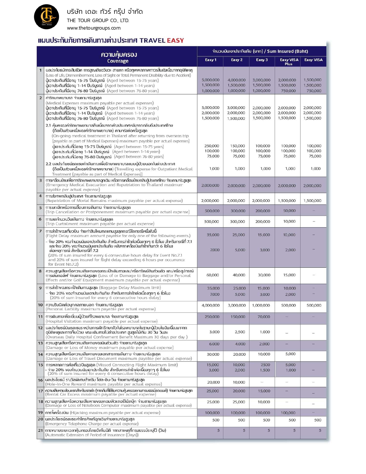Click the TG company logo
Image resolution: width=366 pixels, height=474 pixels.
47,17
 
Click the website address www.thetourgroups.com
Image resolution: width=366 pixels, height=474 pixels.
94,28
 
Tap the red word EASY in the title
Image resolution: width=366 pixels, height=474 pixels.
175,41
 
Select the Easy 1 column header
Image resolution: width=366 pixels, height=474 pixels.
210,60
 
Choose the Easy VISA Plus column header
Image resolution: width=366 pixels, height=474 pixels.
289,61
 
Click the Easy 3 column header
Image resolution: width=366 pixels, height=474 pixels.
262,60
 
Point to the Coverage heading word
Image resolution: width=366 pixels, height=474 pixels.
118,61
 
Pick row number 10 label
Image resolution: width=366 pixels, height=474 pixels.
40,305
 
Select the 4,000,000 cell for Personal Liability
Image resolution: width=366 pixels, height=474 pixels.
211,305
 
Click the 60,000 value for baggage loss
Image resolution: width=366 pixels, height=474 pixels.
213,275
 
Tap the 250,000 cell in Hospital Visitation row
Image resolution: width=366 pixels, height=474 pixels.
212,317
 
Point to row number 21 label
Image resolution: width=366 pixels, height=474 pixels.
40,430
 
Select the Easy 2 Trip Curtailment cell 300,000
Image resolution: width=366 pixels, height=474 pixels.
238,221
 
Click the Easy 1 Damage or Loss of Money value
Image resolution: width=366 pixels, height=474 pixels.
214,344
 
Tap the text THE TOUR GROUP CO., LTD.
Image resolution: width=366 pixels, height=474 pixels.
98,20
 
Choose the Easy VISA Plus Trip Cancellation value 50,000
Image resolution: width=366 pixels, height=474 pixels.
289,211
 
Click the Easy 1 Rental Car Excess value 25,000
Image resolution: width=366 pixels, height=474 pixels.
213,391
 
